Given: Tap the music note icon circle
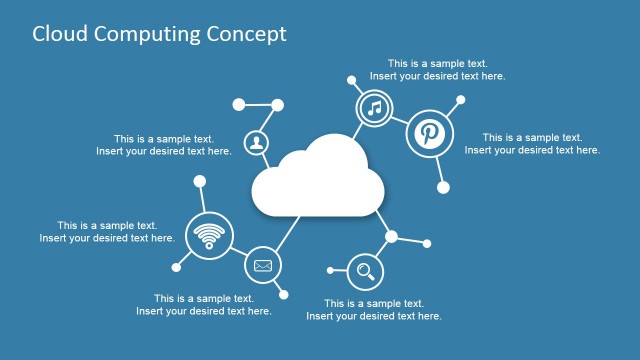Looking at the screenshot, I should pos(374,107).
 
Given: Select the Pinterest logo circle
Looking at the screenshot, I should pos(430,134).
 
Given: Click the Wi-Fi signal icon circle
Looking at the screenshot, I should pos(209,236).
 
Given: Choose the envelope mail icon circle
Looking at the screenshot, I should pos(263,265).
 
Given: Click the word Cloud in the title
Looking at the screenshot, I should pos(60,34).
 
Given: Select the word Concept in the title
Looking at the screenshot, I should pos(246,34).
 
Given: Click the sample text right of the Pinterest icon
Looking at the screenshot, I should pos(532,144).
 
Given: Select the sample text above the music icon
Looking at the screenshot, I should pos(437,69).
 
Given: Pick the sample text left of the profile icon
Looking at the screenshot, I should pos(164,145).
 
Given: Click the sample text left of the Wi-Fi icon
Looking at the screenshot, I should pos(107,232).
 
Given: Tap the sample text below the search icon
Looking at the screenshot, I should pos(374,309).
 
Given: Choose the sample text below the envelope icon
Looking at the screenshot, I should pos(204,304).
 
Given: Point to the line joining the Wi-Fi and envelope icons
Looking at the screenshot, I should pos(238,252).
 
